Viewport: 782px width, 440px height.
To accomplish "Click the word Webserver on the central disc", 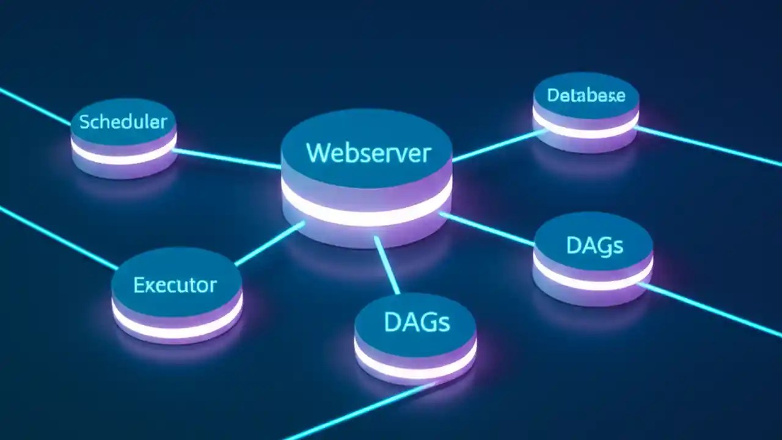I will (x=368, y=153).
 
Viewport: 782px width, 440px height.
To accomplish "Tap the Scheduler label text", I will (x=123, y=122).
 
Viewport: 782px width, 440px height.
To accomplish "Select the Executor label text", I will (x=175, y=285).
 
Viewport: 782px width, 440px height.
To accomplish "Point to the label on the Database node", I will (x=586, y=95).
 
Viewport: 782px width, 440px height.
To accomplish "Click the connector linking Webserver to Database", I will (x=498, y=145).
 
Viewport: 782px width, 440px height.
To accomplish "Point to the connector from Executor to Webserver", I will (x=269, y=244).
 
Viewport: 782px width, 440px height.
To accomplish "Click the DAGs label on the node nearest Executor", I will (x=417, y=321).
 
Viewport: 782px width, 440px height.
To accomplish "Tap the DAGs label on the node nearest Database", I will (x=594, y=245).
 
